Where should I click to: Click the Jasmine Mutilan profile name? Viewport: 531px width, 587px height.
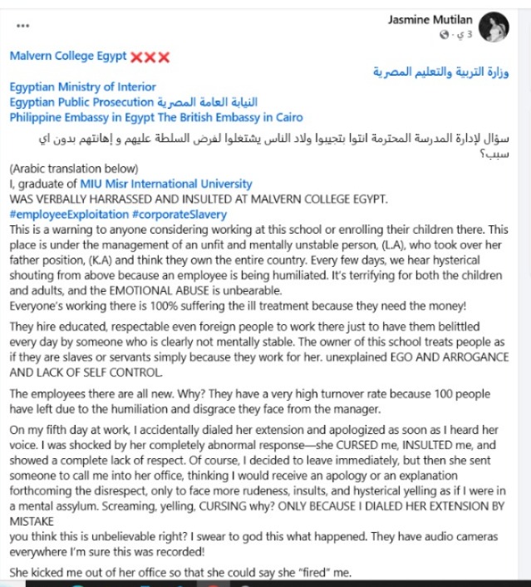430,19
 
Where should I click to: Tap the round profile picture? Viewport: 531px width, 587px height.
494,26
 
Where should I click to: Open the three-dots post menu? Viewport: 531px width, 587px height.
22,26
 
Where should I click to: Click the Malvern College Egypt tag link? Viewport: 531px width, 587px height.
68,57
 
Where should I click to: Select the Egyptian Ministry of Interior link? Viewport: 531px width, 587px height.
82,86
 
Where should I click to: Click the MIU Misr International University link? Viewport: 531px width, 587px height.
166,184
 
